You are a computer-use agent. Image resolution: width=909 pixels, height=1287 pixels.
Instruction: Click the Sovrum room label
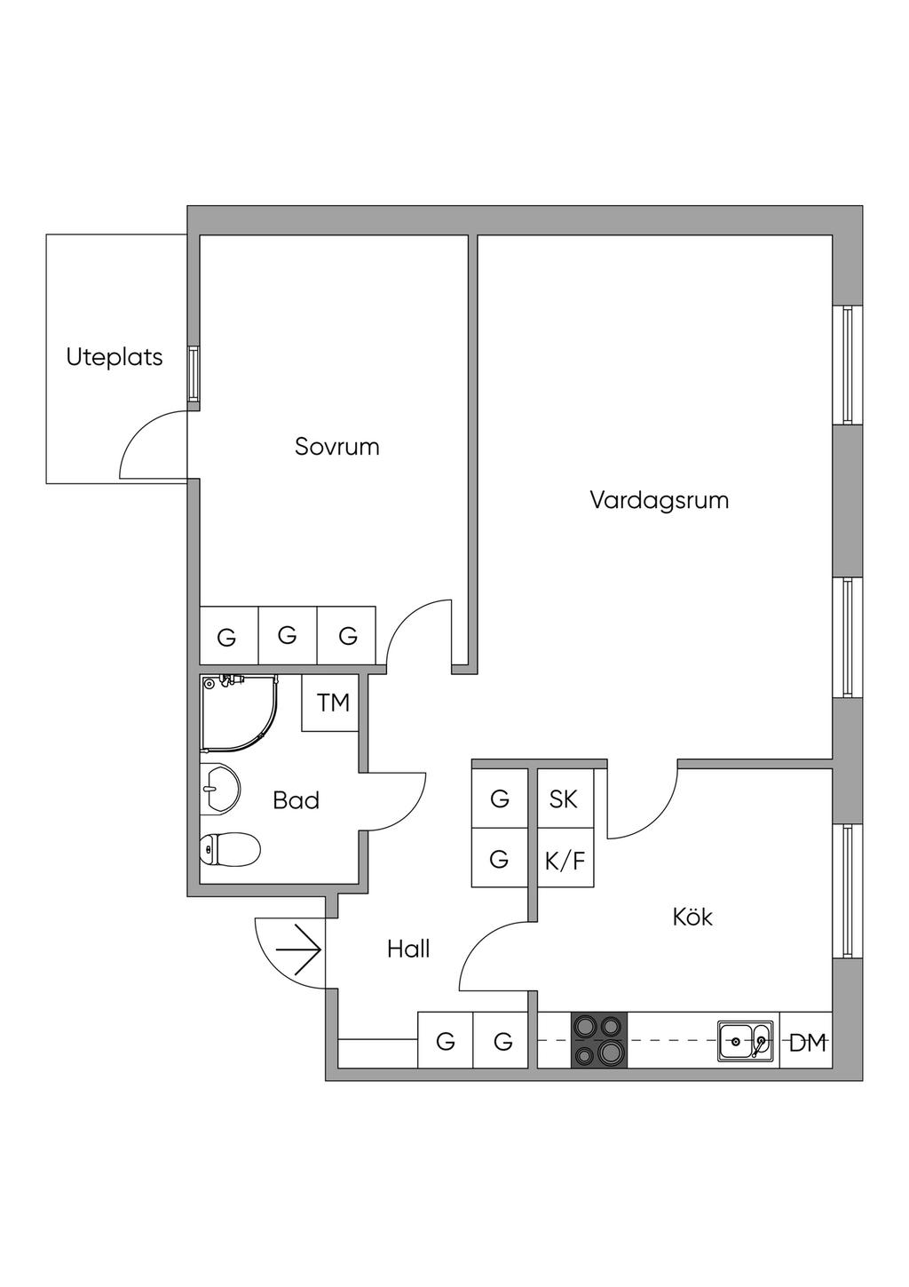click(x=336, y=446)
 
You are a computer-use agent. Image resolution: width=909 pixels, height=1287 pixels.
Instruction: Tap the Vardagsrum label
click(x=659, y=500)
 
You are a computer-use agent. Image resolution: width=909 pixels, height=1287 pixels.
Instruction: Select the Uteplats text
click(x=115, y=357)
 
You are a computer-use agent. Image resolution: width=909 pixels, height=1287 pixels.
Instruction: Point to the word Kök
click(x=692, y=917)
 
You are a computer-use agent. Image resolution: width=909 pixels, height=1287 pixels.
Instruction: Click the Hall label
click(x=408, y=949)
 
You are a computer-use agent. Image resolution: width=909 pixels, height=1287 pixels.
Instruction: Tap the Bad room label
click(x=296, y=800)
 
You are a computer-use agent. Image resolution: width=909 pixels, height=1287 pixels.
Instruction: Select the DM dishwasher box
click(x=807, y=1041)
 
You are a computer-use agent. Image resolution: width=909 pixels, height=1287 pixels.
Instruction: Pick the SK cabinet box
click(x=564, y=798)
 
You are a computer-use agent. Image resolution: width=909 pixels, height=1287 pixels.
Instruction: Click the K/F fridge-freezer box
click(x=565, y=859)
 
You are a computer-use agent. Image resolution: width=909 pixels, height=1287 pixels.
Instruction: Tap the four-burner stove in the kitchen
click(x=598, y=1040)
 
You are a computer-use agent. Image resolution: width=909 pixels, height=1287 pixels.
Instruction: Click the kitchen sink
click(x=745, y=1040)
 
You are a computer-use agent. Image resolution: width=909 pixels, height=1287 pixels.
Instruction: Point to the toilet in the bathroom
click(x=230, y=848)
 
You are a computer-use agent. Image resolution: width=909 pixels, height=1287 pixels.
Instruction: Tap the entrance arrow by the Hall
click(x=299, y=950)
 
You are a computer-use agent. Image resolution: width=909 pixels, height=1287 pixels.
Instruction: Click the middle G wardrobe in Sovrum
click(x=287, y=635)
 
